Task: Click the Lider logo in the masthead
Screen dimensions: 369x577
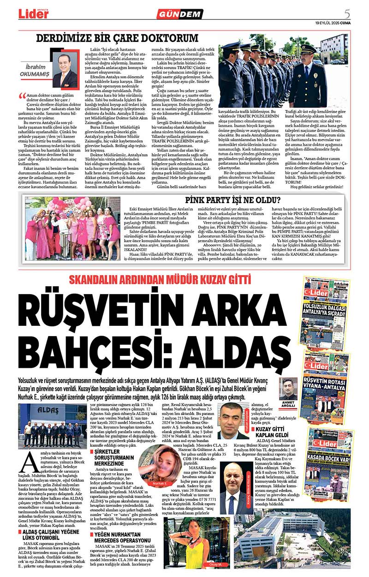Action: pos(34,13)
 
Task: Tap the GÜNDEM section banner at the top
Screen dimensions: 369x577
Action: pos(186,14)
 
